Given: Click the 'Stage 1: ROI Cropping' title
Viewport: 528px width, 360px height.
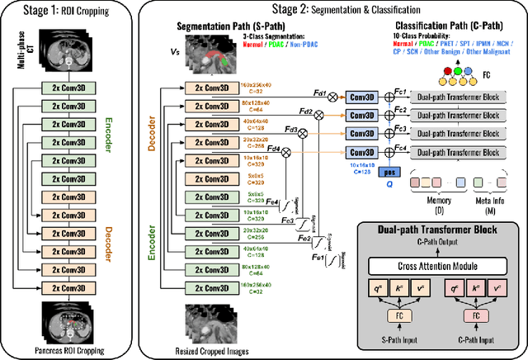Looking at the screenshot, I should pyautogui.click(x=69, y=12).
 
